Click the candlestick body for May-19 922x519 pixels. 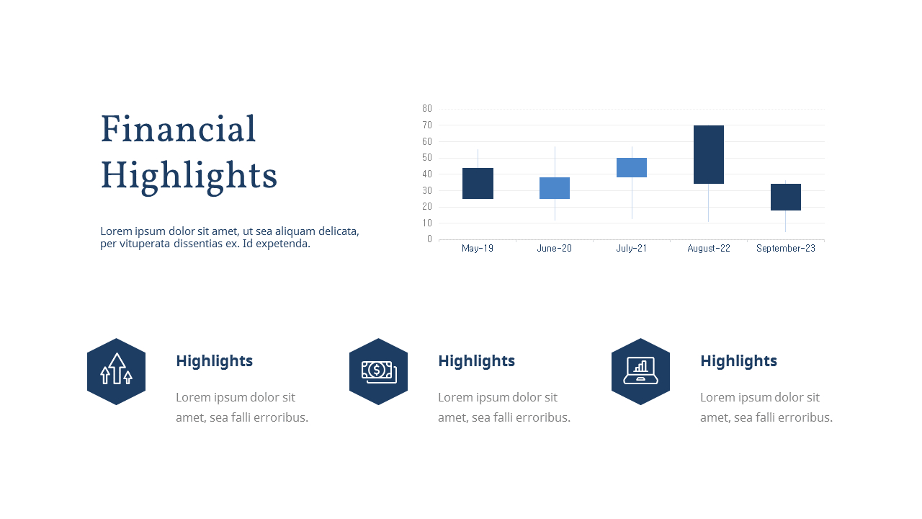pyautogui.click(x=478, y=183)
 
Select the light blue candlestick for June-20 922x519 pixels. pyautogui.click(x=555, y=187)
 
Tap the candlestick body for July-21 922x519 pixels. pyautogui.click(x=632, y=167)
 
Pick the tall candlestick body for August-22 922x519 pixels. pyautogui.click(x=709, y=154)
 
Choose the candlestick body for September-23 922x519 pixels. pyautogui.click(x=786, y=197)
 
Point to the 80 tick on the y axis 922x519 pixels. pyautogui.click(x=427, y=109)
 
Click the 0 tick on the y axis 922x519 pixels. pyautogui.click(x=429, y=239)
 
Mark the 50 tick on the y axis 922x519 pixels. pyautogui.click(x=427, y=158)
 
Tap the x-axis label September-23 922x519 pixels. pyautogui.click(x=786, y=249)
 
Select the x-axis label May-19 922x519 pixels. pyautogui.click(x=478, y=249)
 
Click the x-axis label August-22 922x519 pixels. pyautogui.click(x=709, y=249)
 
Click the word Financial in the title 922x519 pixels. pyautogui.click(x=178, y=130)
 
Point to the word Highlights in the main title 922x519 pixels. pyautogui.click(x=189, y=176)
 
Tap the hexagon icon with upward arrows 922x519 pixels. pyautogui.click(x=116, y=371)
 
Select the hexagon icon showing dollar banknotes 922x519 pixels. pyautogui.click(x=378, y=371)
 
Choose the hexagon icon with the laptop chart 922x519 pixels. pyautogui.click(x=640, y=371)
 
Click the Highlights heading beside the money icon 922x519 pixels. pyautogui.click(x=476, y=361)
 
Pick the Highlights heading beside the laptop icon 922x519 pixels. pyautogui.click(x=738, y=361)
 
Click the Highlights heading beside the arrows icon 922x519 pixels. pyautogui.click(x=214, y=361)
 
